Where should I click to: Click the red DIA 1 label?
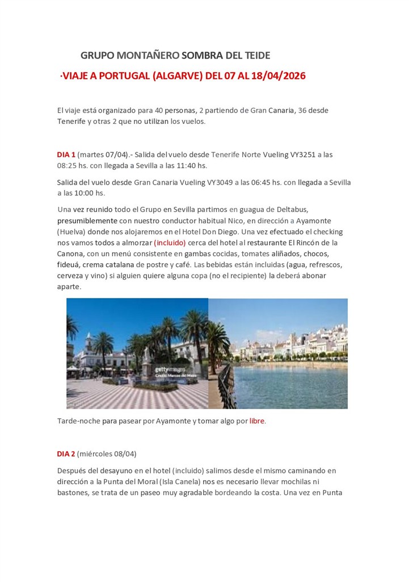click(66, 154)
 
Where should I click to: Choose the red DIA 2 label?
click(66, 454)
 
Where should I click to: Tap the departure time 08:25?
click(67, 165)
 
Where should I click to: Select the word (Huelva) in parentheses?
click(71, 232)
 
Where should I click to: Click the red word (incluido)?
click(170, 243)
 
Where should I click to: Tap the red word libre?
click(257, 421)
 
